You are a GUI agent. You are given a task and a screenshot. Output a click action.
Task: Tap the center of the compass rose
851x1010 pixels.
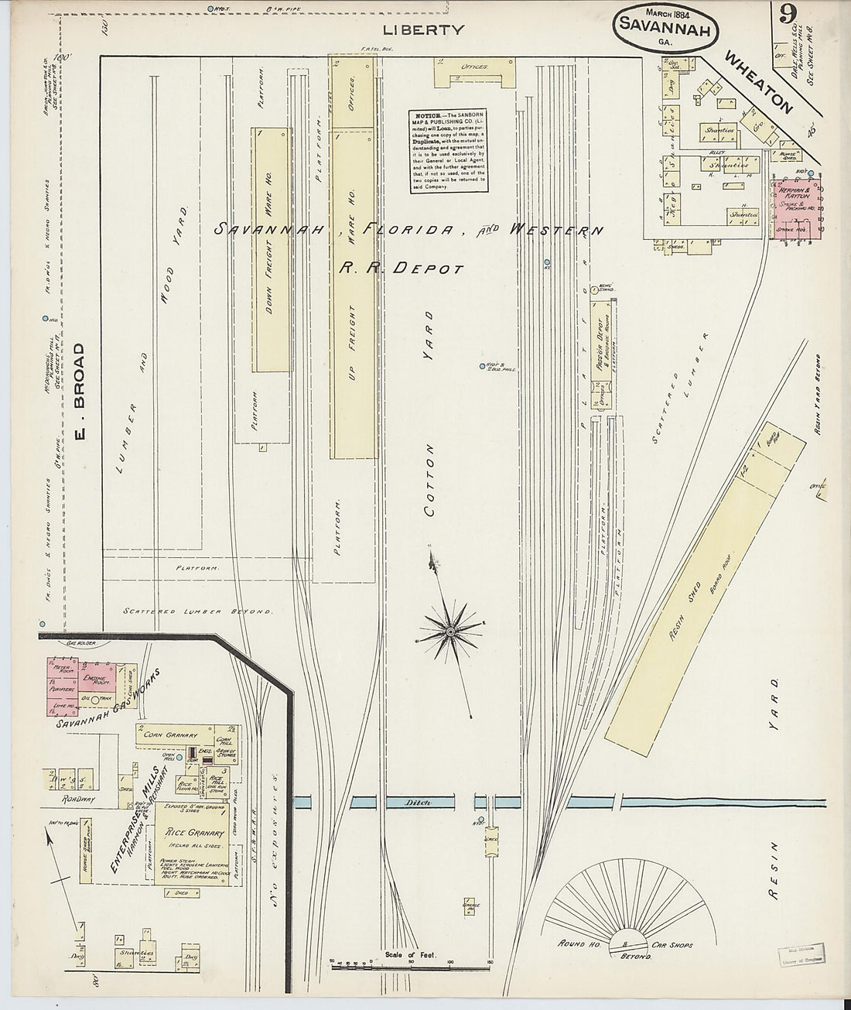[x=450, y=632]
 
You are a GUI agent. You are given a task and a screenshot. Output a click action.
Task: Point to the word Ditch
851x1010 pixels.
[x=412, y=803]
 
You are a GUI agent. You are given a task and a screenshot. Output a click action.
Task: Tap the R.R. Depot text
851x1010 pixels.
[x=401, y=268]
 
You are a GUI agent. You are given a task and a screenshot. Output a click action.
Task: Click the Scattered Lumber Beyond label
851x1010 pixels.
[x=198, y=611]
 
